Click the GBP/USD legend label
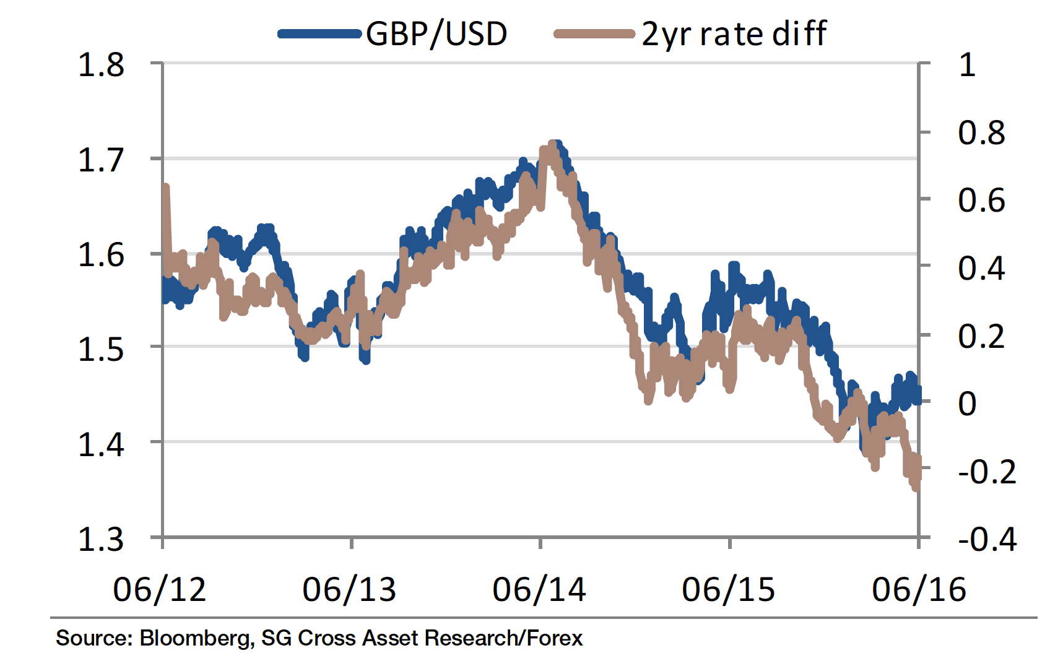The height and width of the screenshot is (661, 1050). point(436,34)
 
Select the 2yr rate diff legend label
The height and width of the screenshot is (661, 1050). point(734,34)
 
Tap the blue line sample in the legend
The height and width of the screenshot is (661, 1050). point(319,34)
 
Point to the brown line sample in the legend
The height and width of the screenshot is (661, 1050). point(594,34)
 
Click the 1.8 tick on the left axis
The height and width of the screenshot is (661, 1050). point(101,65)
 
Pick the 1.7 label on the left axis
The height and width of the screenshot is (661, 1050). point(101,160)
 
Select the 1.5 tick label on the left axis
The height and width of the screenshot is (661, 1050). point(101,350)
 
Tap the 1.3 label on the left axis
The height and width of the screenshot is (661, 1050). point(101,540)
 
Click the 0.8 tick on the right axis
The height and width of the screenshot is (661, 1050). point(981,133)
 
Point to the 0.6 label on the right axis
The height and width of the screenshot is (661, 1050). point(981,201)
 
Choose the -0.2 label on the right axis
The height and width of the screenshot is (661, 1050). point(987,472)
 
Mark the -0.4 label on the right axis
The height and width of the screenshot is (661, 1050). point(987,540)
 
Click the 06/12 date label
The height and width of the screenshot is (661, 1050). point(160,590)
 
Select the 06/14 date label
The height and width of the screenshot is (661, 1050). point(539,590)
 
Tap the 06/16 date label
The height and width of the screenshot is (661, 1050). point(919,590)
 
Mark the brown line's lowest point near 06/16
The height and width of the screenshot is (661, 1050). point(916,488)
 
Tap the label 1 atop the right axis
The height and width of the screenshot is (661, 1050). point(967,65)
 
